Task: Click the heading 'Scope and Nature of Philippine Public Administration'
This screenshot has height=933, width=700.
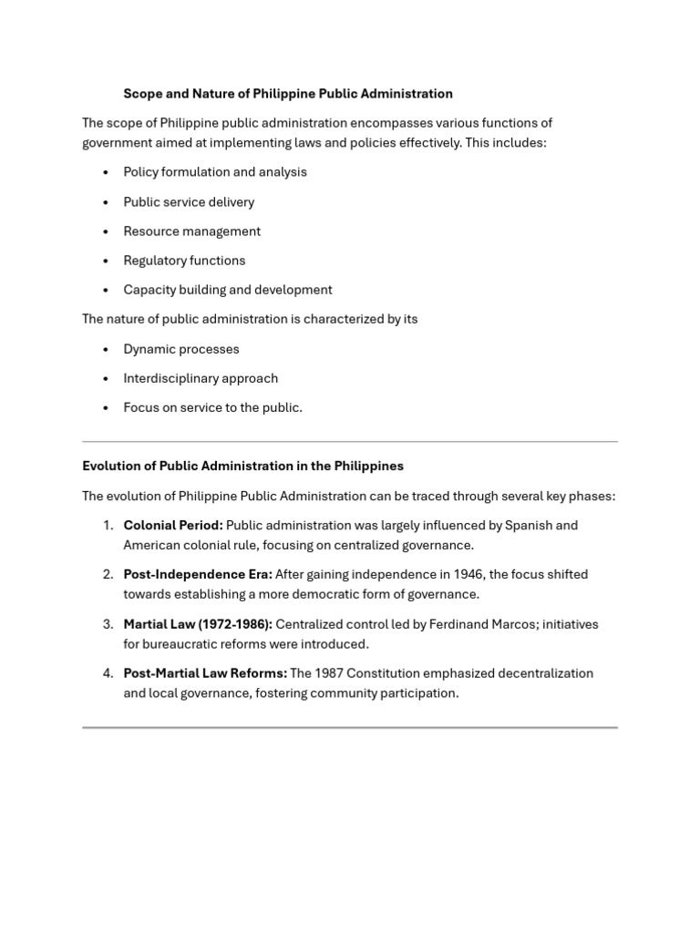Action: tap(288, 94)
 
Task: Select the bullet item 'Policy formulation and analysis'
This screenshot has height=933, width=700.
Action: tap(215, 172)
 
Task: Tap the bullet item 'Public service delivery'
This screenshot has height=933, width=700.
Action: tap(189, 202)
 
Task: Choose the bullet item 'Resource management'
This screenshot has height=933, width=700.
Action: tap(191, 231)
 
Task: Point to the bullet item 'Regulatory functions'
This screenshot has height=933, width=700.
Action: tap(184, 261)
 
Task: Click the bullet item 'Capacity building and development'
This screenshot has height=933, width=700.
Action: tap(228, 290)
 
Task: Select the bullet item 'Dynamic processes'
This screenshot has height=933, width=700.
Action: tap(181, 349)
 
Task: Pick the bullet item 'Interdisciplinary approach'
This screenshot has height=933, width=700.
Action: tap(201, 378)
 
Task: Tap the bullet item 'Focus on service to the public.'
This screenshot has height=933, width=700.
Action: tap(212, 407)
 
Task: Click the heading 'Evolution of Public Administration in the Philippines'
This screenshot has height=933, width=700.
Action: tap(242, 466)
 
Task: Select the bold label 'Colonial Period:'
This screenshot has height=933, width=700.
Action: tap(173, 525)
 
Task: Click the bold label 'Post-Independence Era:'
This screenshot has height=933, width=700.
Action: tap(198, 574)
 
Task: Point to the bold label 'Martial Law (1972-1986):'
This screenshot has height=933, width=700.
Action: tap(198, 624)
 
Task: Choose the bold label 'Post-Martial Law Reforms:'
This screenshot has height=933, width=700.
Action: tap(205, 673)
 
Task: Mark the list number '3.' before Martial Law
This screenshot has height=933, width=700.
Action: tap(108, 624)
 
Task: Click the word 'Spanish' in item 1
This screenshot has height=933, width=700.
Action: tap(528, 525)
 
